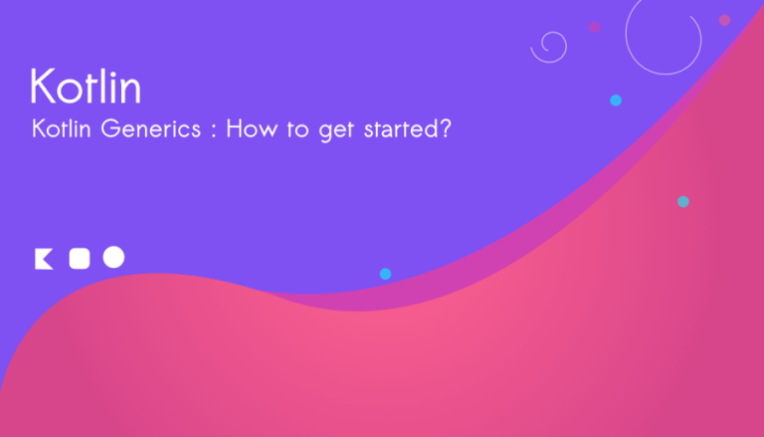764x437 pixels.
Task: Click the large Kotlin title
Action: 86,86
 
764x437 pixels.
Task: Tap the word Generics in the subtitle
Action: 151,128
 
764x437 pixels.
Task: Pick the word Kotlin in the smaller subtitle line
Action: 62,128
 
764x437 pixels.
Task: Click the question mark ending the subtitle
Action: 445,128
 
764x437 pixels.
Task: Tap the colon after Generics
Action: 214,130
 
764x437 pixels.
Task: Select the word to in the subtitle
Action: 297,129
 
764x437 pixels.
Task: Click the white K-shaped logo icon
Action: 43,259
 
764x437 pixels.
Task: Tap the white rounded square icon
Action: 80,259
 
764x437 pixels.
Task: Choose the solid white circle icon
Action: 113,257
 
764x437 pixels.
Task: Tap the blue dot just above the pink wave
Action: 385,274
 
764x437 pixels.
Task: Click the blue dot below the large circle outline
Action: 616,101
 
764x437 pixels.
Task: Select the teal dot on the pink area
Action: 683,201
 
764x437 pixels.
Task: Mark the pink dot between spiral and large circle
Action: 595,27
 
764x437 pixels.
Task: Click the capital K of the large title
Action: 42,86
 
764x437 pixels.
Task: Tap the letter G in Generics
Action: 110,128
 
